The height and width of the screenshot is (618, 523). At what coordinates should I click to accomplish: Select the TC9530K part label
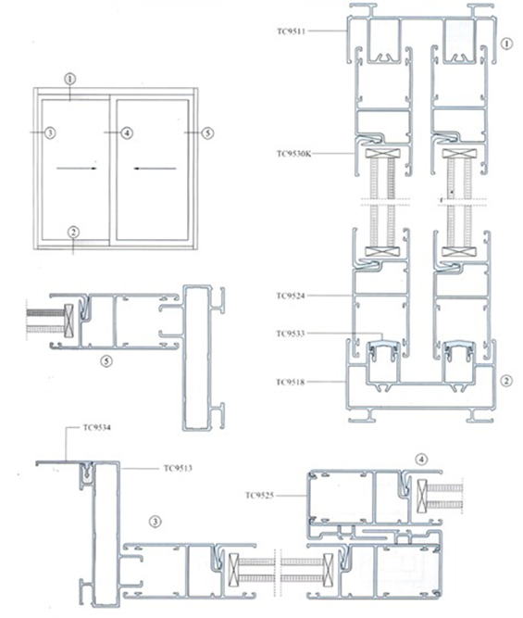point(293,153)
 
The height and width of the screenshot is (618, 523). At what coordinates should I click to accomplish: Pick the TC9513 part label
point(179,468)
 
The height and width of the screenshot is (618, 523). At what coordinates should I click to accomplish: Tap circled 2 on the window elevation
point(74,233)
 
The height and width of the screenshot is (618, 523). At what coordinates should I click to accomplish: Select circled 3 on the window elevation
point(51,133)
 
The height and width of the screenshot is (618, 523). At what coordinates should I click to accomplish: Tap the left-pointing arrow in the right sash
point(151,169)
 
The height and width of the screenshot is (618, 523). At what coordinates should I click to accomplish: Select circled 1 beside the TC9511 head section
point(505,44)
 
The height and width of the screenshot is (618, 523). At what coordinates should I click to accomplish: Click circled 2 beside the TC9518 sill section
point(505,379)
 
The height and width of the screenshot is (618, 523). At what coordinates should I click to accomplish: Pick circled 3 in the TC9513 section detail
point(155,521)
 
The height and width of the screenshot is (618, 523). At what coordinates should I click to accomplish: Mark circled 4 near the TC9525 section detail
point(420,459)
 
